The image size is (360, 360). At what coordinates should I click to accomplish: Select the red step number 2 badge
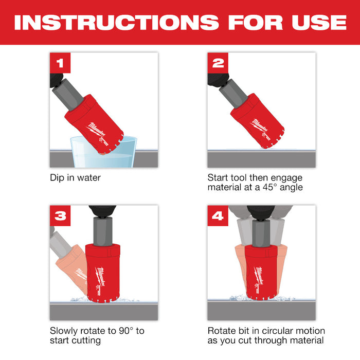[219, 63]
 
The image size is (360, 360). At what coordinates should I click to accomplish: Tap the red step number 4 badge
[219, 216]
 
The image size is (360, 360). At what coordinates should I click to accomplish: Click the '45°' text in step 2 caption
[278, 187]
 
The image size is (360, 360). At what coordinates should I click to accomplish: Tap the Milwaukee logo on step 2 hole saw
[259, 127]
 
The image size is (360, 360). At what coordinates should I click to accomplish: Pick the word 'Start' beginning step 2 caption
[218, 177]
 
